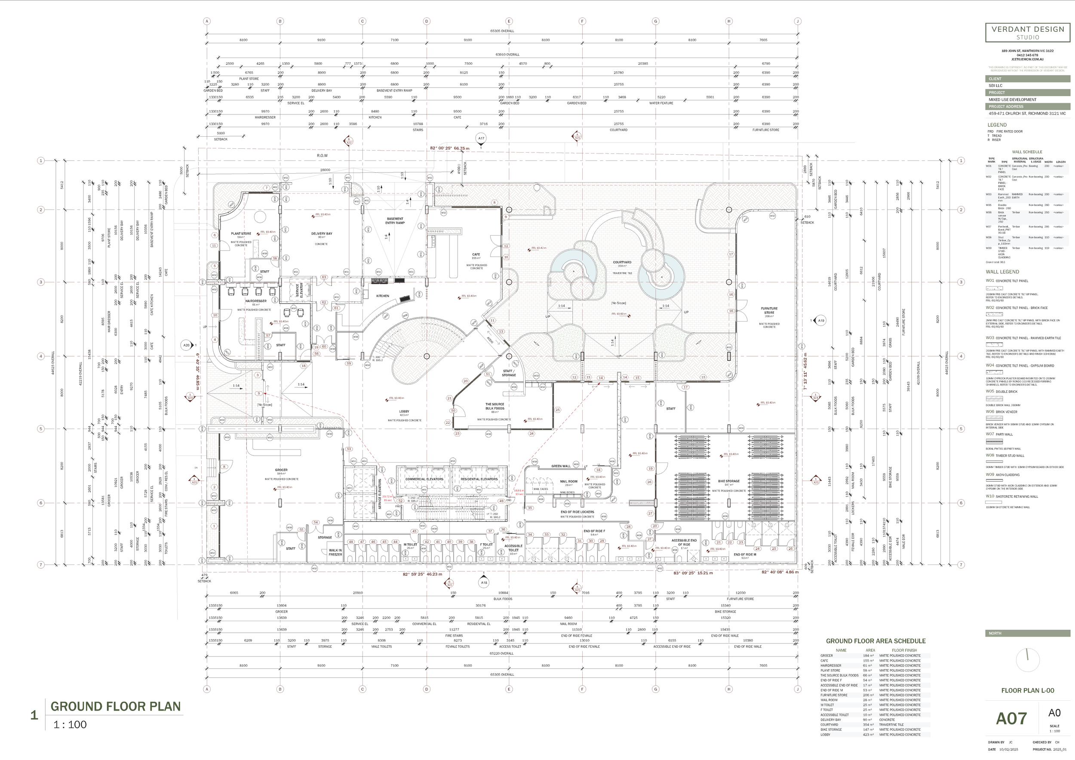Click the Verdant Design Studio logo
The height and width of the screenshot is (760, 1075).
(1027, 32)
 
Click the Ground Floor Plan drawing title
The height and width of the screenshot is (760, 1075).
(115, 706)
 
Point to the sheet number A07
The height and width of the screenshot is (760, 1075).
(1011, 718)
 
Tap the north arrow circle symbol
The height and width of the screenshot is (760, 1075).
(1027, 660)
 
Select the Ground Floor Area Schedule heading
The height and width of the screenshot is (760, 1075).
(875, 641)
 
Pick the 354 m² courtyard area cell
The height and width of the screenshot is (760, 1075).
(869, 724)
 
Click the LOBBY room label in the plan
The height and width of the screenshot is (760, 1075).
(404, 411)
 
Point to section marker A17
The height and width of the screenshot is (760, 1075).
(481, 138)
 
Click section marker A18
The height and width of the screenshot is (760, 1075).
(484, 582)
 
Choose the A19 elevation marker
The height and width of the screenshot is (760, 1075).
(820, 321)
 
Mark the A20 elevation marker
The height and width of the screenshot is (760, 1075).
(186, 345)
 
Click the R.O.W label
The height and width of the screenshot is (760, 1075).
(322, 155)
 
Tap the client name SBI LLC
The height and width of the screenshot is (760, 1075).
(995, 86)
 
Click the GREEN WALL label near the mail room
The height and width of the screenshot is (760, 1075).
(560, 466)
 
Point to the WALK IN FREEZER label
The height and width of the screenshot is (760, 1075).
(335, 552)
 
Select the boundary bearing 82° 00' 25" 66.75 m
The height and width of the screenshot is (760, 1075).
(449, 148)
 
